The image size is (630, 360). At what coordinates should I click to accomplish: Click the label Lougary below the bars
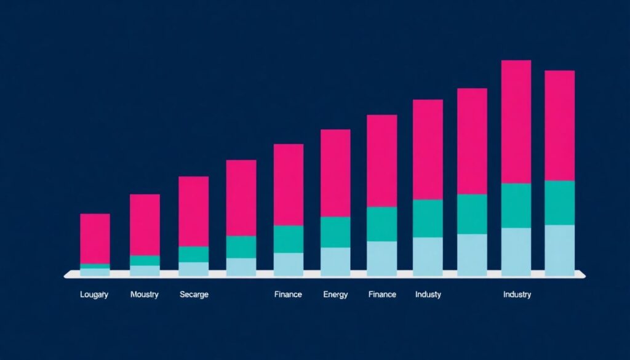tap(94, 295)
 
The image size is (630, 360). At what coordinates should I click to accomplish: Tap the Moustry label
tap(145, 295)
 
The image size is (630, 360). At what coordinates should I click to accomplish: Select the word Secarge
tap(194, 295)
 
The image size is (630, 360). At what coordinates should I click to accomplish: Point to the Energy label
tap(336, 295)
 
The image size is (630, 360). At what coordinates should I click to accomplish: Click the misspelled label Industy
tap(428, 295)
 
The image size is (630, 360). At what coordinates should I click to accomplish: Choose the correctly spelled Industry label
tap(517, 295)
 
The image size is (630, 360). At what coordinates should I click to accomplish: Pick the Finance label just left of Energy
tap(288, 295)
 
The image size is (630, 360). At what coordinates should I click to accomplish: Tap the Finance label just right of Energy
tap(382, 295)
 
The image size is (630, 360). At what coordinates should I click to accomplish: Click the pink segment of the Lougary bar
tap(95, 239)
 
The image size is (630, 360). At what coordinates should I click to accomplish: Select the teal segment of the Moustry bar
tap(145, 260)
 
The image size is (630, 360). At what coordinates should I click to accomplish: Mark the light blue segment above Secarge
tap(193, 268)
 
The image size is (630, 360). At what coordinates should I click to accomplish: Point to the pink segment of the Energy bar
tap(335, 173)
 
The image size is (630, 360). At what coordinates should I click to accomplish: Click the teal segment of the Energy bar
tap(335, 232)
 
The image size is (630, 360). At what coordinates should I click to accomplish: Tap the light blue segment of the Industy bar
tap(428, 255)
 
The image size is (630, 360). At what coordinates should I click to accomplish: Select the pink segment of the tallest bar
tap(516, 122)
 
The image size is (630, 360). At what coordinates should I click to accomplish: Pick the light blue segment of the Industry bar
tap(516, 250)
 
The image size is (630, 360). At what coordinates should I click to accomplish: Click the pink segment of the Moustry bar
tap(145, 225)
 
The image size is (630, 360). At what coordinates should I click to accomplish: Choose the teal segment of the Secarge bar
tap(193, 254)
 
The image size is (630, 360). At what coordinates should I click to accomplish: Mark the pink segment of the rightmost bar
tap(560, 126)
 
